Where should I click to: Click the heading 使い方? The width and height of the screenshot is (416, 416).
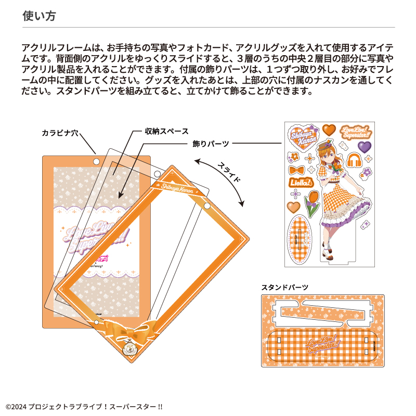click(x=39, y=16)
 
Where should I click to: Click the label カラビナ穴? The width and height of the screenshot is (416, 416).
click(x=60, y=133)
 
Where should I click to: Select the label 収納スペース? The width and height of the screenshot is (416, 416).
click(x=166, y=131)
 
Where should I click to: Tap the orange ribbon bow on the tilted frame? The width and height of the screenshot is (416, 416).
click(x=123, y=329)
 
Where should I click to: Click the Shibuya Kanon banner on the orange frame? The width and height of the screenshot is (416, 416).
click(x=177, y=186)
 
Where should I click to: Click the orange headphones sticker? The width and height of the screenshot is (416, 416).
click(x=354, y=159)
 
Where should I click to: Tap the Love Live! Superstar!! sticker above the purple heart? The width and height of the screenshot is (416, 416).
click(x=354, y=132)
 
